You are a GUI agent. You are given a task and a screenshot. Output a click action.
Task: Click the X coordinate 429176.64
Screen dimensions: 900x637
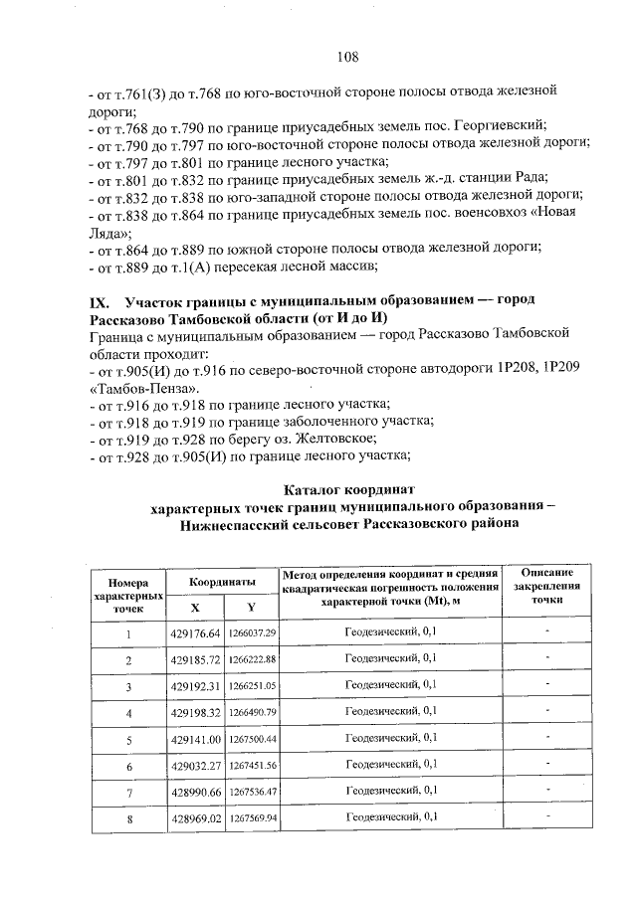[195, 632]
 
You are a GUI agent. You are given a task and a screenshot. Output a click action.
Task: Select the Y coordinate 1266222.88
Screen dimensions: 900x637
[252, 659]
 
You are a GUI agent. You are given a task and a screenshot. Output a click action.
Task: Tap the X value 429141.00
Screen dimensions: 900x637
[195, 739]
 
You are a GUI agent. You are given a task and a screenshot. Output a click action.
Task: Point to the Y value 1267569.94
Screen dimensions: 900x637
[252, 817]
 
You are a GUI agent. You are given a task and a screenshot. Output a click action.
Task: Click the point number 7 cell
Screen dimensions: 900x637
[128, 792]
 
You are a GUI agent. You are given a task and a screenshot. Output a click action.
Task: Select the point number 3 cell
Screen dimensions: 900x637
[128, 686]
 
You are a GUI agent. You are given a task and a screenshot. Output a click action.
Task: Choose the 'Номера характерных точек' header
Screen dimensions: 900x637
[128, 594]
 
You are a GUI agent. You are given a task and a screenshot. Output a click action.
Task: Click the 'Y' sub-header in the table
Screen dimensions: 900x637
[251, 607]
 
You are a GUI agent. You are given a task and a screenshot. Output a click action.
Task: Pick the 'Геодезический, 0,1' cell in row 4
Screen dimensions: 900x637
[390, 712]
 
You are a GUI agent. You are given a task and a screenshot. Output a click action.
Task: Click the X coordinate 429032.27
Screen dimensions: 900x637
[195, 765]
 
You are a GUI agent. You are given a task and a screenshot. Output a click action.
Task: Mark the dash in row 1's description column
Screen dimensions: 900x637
[546, 632]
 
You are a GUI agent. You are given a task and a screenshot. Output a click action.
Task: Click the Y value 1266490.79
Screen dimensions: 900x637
[252, 712]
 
